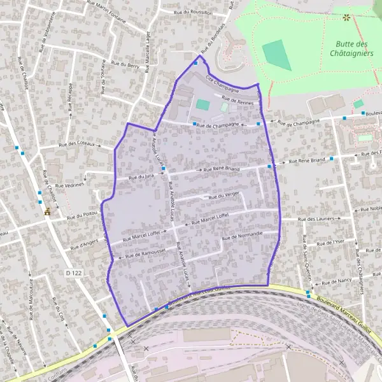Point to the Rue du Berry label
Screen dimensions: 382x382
(125, 64)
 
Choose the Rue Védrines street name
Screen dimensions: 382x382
(69, 185)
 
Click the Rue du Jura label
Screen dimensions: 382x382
(141, 178)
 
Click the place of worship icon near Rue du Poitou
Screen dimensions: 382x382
(46, 213)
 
